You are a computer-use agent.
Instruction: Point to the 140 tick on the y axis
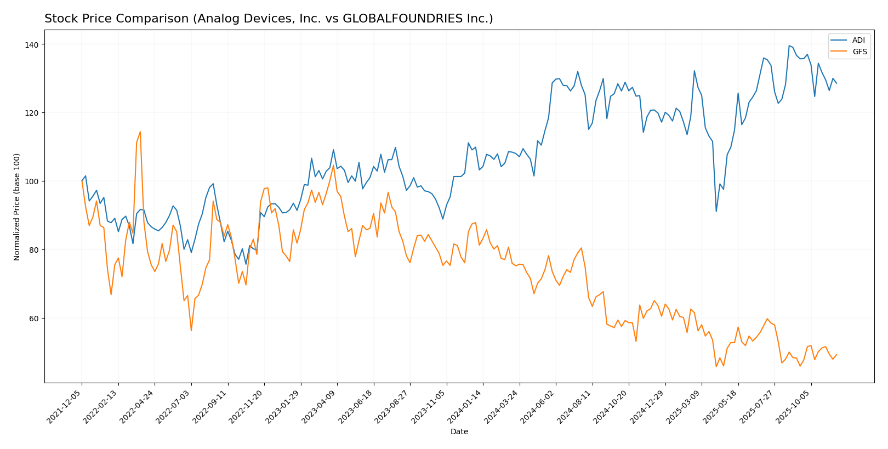36,44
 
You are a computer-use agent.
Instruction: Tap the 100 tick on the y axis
33,181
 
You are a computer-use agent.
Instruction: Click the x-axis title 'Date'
459,432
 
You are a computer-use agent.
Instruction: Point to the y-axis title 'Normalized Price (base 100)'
17,207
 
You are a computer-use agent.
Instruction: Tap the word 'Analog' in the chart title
215,19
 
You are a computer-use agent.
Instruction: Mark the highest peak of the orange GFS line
140,132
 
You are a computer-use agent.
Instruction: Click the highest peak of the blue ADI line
789,46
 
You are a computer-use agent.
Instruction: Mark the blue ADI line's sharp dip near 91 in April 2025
716,212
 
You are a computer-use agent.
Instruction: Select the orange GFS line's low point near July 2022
191,331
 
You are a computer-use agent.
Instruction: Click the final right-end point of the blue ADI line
836,83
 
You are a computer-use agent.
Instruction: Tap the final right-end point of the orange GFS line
836,354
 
